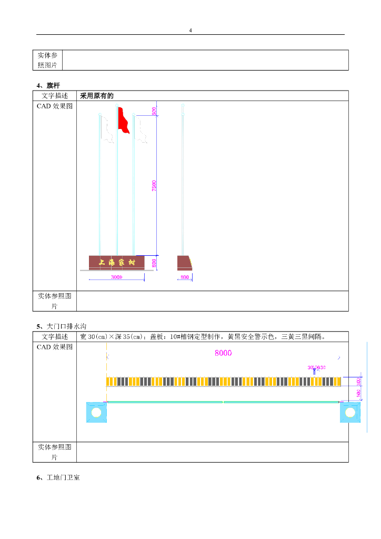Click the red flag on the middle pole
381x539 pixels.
[123, 120]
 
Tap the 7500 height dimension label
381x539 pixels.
[154, 185]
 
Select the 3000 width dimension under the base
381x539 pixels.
[116, 277]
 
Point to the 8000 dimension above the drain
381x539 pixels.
[223, 353]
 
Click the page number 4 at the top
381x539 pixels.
[190, 30]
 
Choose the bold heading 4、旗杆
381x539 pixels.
[48, 85]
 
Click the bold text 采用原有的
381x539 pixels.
[97, 96]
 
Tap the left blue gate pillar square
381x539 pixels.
[96, 412]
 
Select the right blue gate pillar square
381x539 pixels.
[349, 412]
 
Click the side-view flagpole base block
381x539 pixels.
[184, 263]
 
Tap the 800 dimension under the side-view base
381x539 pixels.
[185, 277]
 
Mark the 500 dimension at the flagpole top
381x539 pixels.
[154, 111]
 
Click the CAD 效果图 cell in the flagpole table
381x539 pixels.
[55, 106]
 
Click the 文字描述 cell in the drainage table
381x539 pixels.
[55, 336]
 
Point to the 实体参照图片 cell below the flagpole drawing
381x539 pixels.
[55, 301]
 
